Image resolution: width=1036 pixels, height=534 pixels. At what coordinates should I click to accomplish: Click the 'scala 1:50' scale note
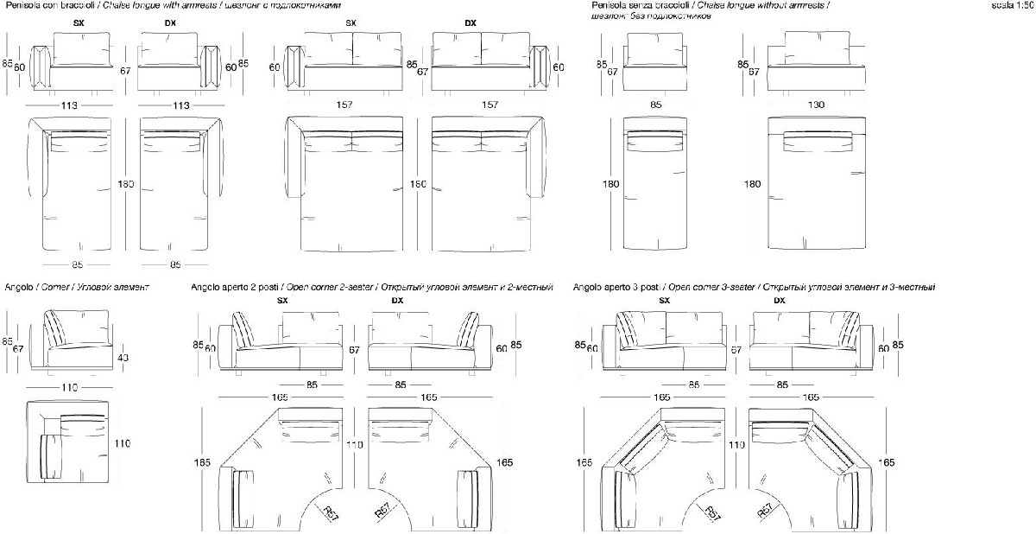(x=1013, y=5)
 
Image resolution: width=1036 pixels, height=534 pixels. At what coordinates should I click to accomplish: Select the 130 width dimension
(x=816, y=105)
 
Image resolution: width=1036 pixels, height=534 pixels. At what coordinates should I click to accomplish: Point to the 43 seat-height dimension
(x=123, y=358)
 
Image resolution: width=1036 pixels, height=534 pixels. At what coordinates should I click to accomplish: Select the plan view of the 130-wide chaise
(x=816, y=184)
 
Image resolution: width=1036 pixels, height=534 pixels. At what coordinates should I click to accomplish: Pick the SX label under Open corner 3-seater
(x=665, y=301)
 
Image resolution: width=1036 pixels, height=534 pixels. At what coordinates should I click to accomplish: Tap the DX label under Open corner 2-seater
(x=397, y=301)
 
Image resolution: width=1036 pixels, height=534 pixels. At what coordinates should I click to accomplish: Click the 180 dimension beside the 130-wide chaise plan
(x=752, y=184)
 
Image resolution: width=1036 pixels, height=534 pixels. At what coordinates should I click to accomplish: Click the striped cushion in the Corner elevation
(x=57, y=330)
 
